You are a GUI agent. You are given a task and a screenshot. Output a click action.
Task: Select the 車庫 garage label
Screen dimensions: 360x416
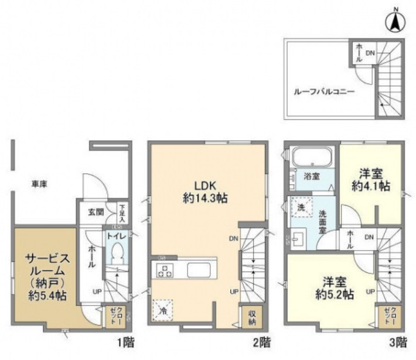click(x=39, y=184)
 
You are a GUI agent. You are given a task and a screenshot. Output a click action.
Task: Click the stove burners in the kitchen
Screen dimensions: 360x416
click(x=165, y=271)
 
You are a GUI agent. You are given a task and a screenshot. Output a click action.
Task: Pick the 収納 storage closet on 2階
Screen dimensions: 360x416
click(x=251, y=317)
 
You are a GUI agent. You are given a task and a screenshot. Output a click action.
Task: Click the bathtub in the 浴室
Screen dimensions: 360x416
click(x=312, y=157)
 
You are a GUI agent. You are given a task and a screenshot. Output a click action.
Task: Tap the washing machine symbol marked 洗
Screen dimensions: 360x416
click(x=302, y=209)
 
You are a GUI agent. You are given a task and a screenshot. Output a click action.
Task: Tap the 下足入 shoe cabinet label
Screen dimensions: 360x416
click(x=122, y=211)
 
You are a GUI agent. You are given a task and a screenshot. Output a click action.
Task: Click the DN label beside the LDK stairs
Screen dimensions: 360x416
click(x=233, y=238)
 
